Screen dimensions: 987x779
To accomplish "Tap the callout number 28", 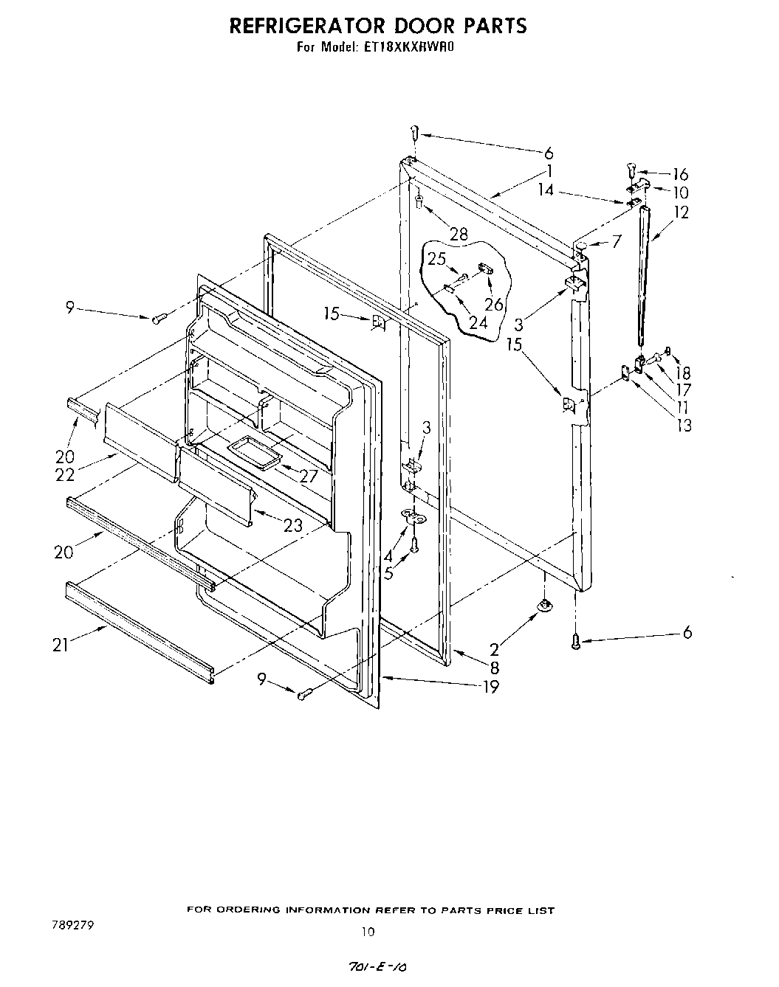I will coord(459,235).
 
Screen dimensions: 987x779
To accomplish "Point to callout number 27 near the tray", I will coord(307,477).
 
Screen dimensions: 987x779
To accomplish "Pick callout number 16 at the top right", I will coord(679,174).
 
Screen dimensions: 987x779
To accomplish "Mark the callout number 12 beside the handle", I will coord(681,212).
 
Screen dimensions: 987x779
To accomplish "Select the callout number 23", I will coord(294,525).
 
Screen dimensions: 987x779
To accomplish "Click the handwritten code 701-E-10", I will coord(377,967).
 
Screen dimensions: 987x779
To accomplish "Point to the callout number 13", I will coord(684,424).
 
